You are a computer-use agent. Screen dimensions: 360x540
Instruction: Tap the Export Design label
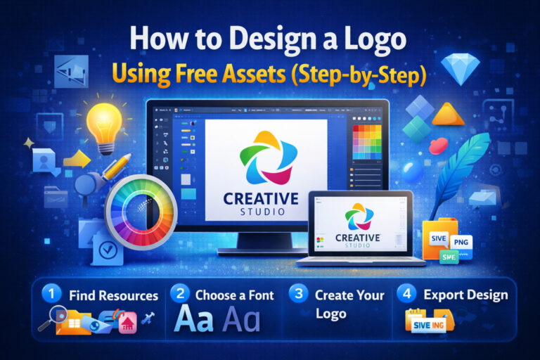click(x=465, y=295)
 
